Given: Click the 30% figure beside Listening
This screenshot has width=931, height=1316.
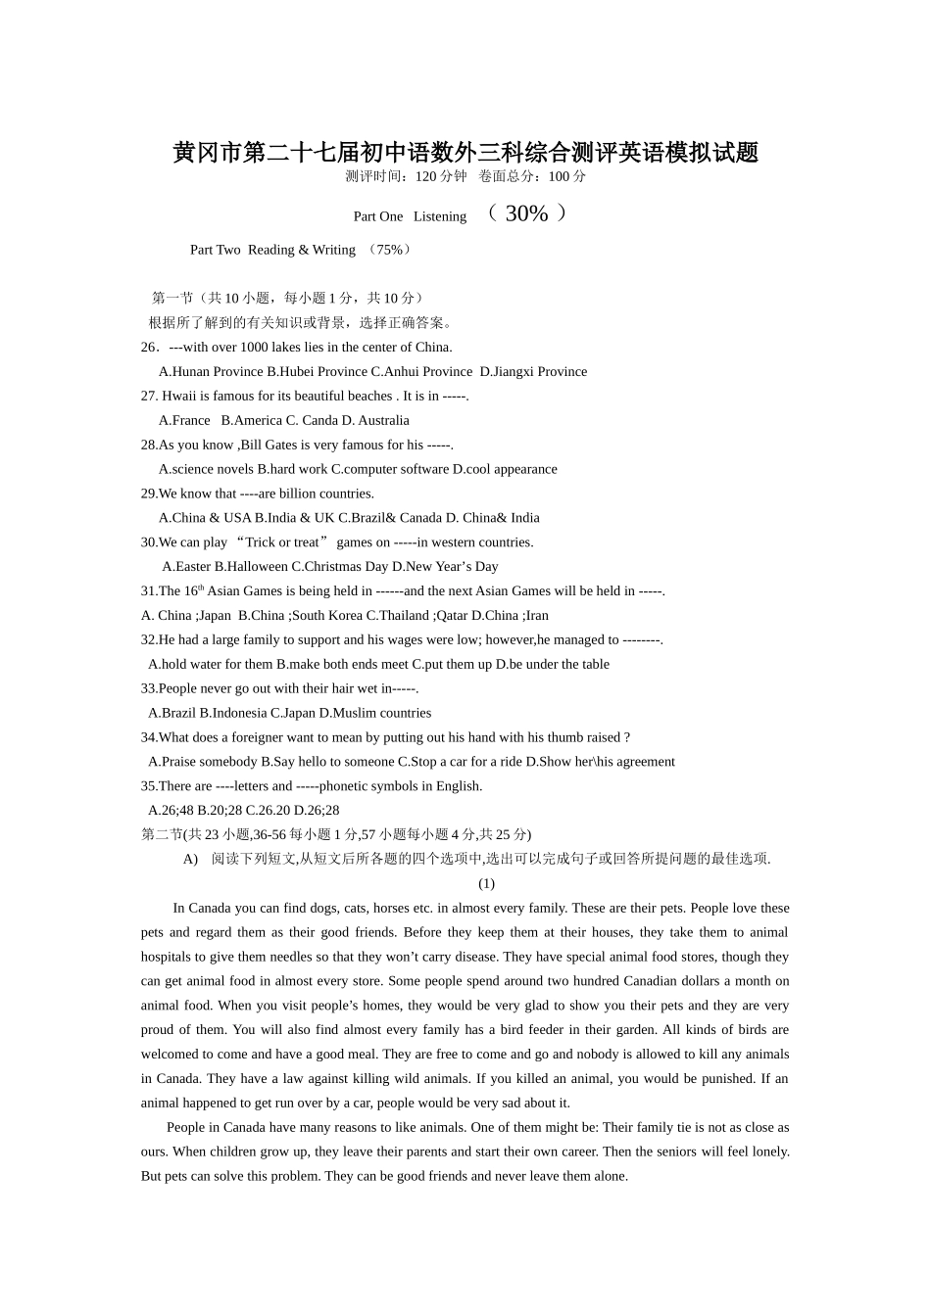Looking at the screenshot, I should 526,213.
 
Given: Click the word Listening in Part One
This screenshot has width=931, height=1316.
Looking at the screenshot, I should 440,216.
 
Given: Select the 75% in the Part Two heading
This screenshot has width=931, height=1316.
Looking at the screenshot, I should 388,250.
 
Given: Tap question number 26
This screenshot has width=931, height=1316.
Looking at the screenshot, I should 150,348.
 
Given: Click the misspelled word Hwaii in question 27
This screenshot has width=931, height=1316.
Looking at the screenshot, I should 179,397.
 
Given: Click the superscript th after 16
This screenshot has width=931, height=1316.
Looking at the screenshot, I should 201,587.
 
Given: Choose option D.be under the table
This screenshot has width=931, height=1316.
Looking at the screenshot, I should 553,665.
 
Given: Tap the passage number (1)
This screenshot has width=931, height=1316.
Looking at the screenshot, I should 486,884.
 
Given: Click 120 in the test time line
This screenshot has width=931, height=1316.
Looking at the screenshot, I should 425,177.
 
